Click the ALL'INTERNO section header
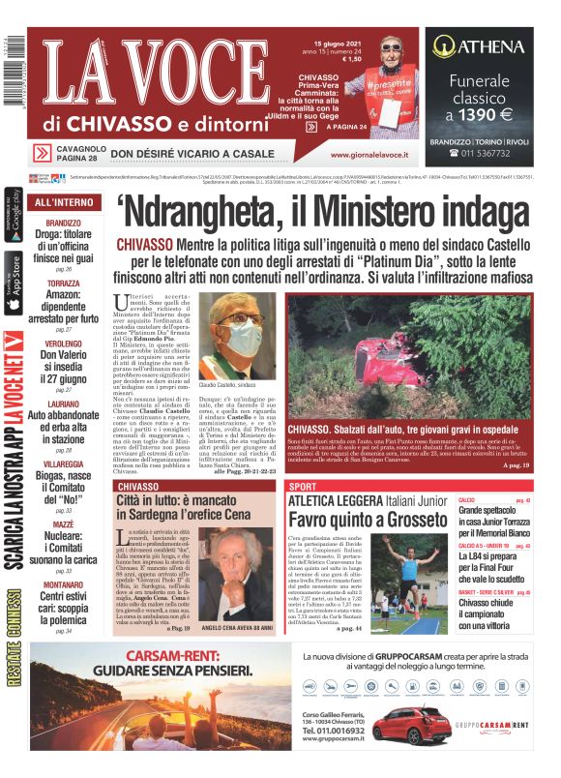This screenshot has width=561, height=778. pos(64,203)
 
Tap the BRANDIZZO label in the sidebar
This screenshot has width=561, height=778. pos(64,224)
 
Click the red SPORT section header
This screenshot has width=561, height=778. pos(303,485)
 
